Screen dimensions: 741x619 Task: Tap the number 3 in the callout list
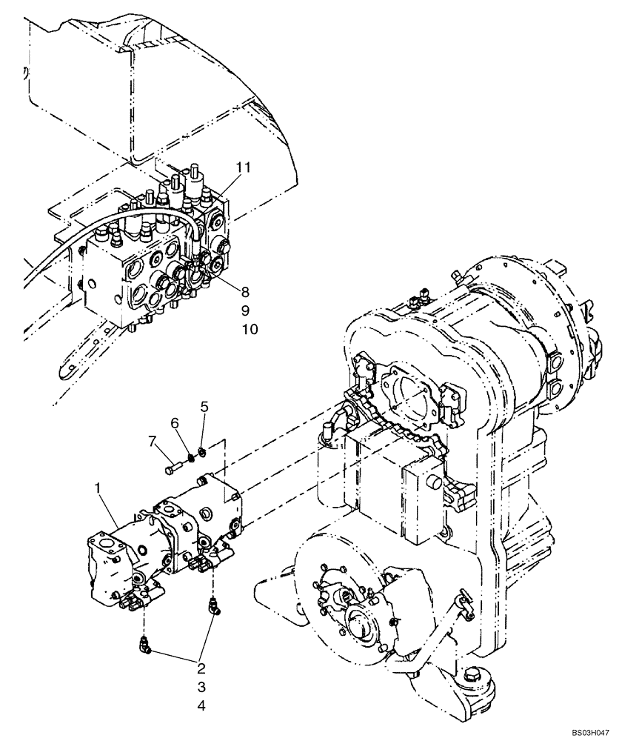tap(201, 685)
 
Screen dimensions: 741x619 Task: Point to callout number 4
tap(201, 706)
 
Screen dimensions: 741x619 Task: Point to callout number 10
tap(249, 329)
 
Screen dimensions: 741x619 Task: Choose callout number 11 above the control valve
tap(244, 167)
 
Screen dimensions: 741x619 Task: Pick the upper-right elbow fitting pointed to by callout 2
tap(213, 608)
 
